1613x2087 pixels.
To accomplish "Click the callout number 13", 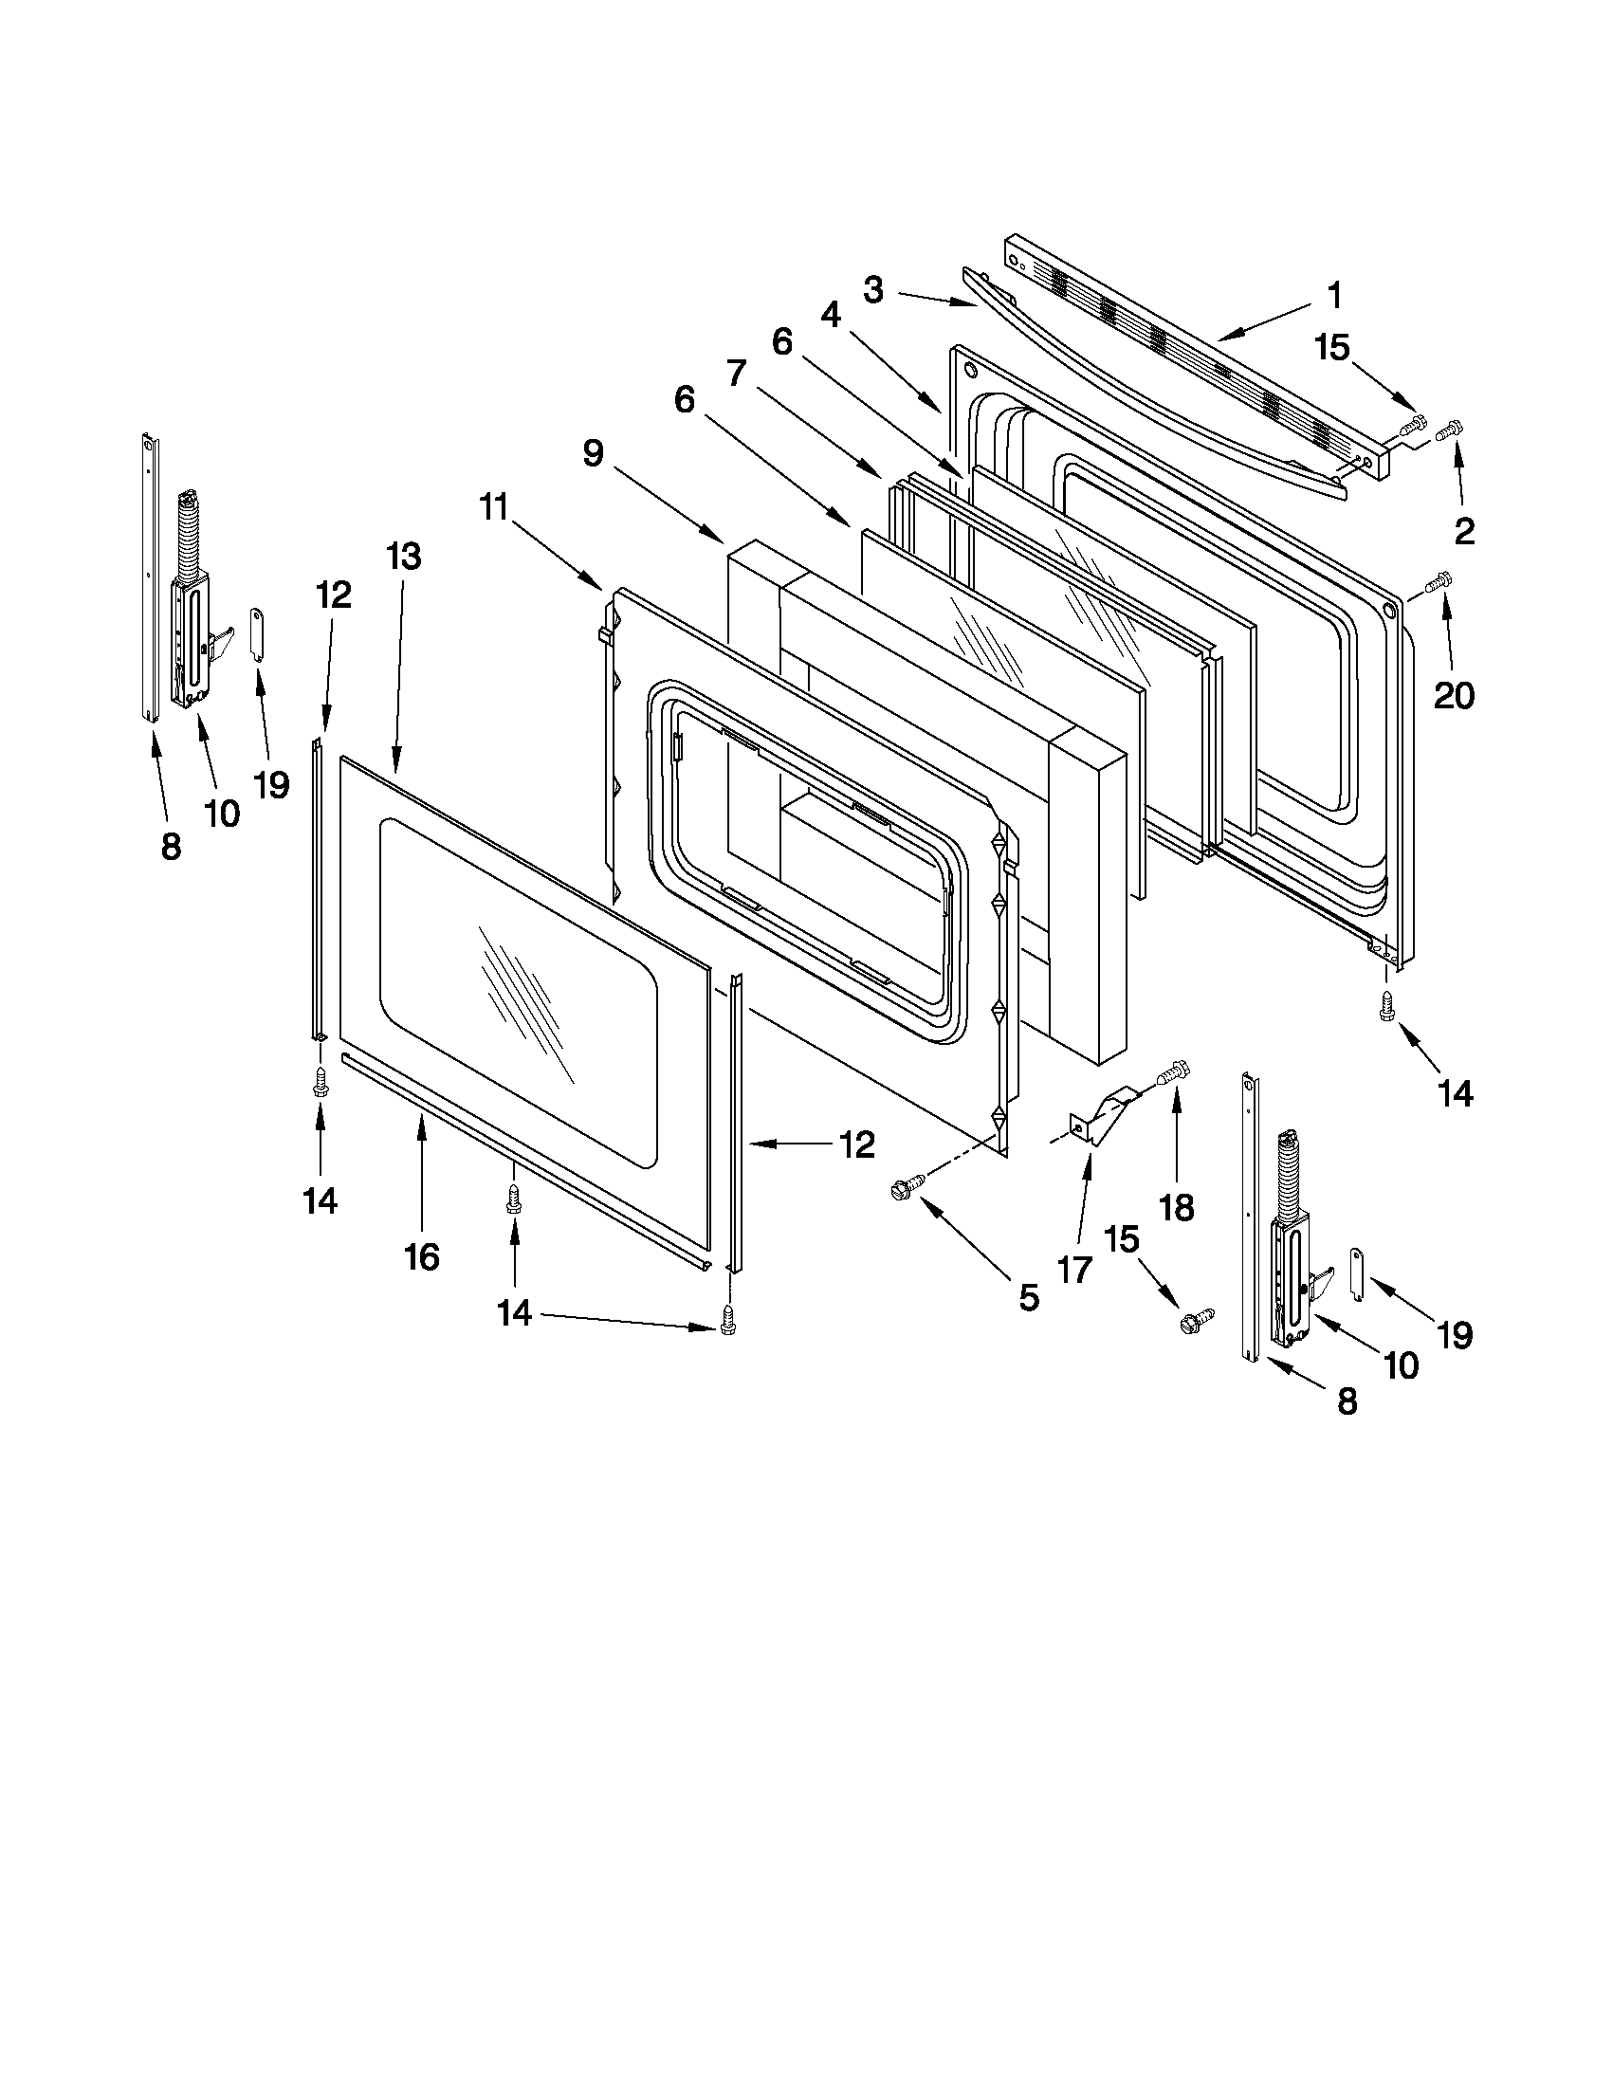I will tap(404, 556).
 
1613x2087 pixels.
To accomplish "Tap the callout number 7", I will tap(735, 373).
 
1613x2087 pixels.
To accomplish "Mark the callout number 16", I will tap(421, 1256).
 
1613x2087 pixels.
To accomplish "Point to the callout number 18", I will tap(1176, 1208).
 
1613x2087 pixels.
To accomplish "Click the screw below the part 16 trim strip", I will tap(514, 1199).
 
